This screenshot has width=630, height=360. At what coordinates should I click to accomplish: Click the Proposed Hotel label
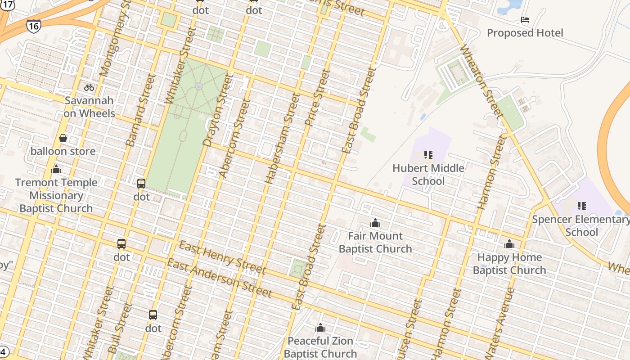point(525,33)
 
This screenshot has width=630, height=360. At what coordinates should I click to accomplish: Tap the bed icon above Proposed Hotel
point(525,20)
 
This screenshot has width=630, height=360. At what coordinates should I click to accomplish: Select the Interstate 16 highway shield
point(33,26)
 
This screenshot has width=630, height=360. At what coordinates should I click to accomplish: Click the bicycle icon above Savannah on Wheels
point(89,87)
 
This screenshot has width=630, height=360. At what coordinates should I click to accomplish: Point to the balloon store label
point(63,151)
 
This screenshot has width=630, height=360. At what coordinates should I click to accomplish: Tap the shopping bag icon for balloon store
point(63,138)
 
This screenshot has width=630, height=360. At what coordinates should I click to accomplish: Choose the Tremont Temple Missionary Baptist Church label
point(56,195)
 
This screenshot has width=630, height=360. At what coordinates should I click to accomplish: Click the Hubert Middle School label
point(428,175)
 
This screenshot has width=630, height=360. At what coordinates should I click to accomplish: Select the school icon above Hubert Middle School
point(428,155)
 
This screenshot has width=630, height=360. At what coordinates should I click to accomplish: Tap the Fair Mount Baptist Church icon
point(375,223)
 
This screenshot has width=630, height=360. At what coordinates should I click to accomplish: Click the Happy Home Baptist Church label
point(509,264)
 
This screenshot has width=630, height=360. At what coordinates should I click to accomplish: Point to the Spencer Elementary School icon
point(581,206)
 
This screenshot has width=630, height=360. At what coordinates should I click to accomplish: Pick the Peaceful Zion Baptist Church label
point(320,347)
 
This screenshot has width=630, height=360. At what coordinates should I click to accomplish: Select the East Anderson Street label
point(219,278)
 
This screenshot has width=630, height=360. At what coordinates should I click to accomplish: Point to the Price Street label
point(317,97)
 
